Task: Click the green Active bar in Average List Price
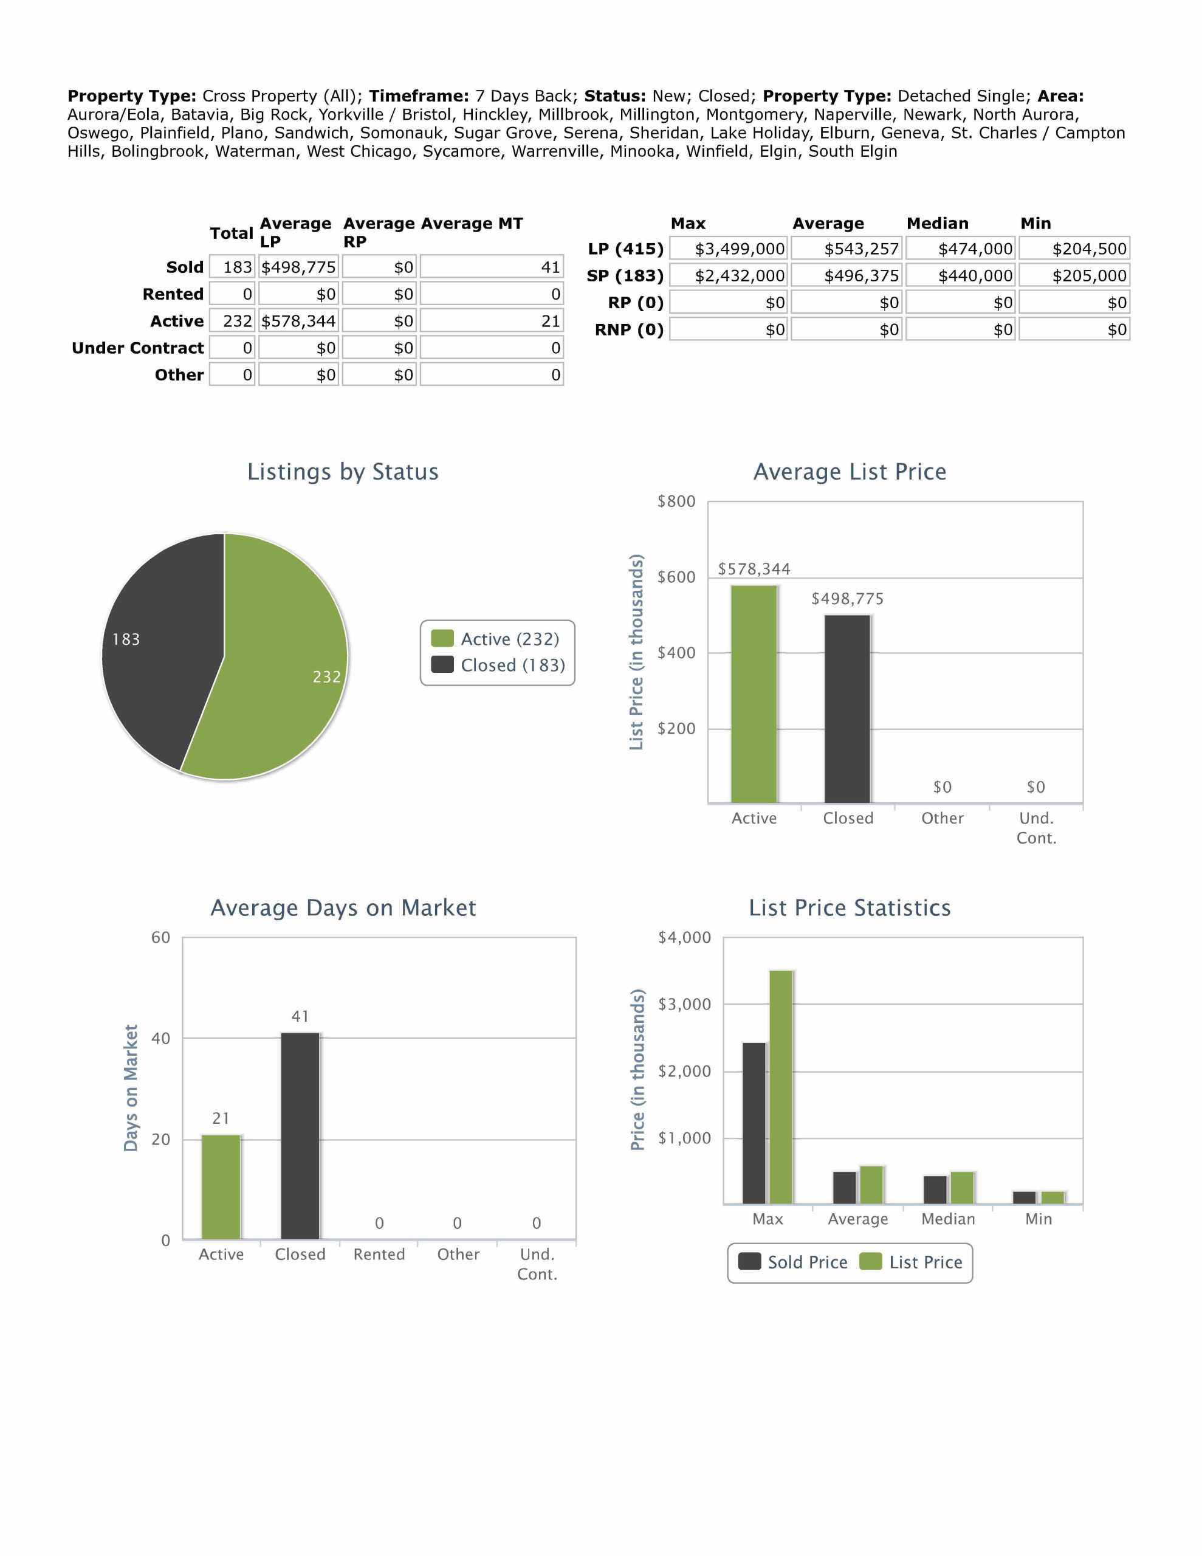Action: [754, 694]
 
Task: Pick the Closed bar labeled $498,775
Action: [847, 709]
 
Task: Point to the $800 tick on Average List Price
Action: [676, 501]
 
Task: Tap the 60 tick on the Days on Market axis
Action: [160, 938]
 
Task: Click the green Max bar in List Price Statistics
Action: [781, 1087]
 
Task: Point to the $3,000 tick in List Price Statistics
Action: [684, 1005]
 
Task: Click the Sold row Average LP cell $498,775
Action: [298, 267]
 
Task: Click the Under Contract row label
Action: [137, 348]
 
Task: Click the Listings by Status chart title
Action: [343, 472]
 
